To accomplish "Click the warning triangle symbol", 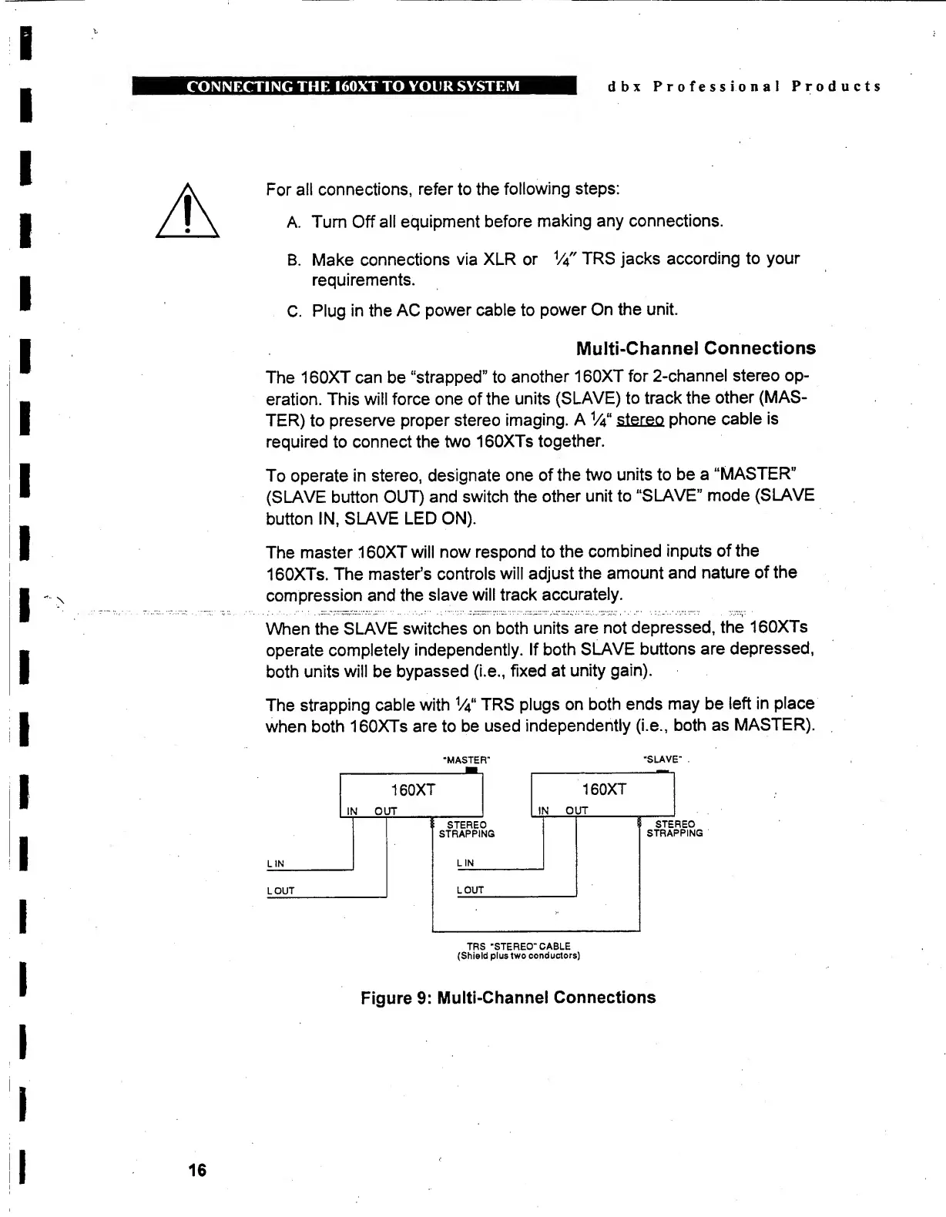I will [x=187, y=213].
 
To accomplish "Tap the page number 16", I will [x=197, y=1170].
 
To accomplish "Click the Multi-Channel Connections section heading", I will [x=696, y=348].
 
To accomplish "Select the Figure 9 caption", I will [x=508, y=997].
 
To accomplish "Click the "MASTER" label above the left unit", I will [x=467, y=760].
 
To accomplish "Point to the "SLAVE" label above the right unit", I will [x=663, y=759].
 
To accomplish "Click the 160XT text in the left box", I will [x=413, y=790].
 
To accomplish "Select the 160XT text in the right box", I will [x=604, y=790].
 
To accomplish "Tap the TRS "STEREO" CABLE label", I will [x=518, y=946].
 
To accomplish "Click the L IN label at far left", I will [x=276, y=864].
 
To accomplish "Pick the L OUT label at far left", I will [x=281, y=891].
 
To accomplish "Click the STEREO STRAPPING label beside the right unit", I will [x=675, y=829].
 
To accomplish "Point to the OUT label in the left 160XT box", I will [x=385, y=811].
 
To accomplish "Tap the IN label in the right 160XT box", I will [x=544, y=810].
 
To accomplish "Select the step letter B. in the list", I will [x=294, y=260].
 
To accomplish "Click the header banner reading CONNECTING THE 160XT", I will [x=354, y=85].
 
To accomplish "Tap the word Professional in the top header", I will [x=716, y=86].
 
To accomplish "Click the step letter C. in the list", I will [x=294, y=311].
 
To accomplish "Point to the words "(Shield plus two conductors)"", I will [x=518, y=956].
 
